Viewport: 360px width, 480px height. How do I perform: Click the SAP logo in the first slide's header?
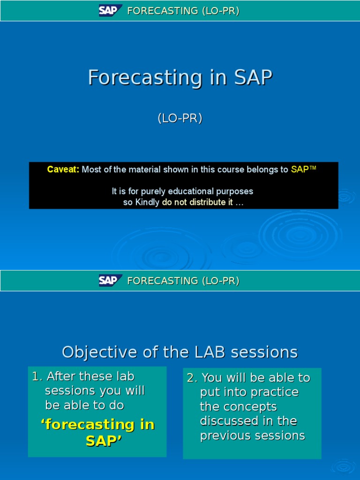[110, 11]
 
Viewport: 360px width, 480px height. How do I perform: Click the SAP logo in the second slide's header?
[110, 280]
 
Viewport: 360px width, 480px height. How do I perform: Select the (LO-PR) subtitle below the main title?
[180, 119]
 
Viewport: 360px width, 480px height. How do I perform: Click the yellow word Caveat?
[63, 170]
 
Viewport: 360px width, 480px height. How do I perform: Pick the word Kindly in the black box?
[148, 202]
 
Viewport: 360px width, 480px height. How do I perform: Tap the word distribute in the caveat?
[211, 202]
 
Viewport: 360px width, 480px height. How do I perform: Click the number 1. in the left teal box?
[37, 376]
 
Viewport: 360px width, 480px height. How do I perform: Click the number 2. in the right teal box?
[192, 378]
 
